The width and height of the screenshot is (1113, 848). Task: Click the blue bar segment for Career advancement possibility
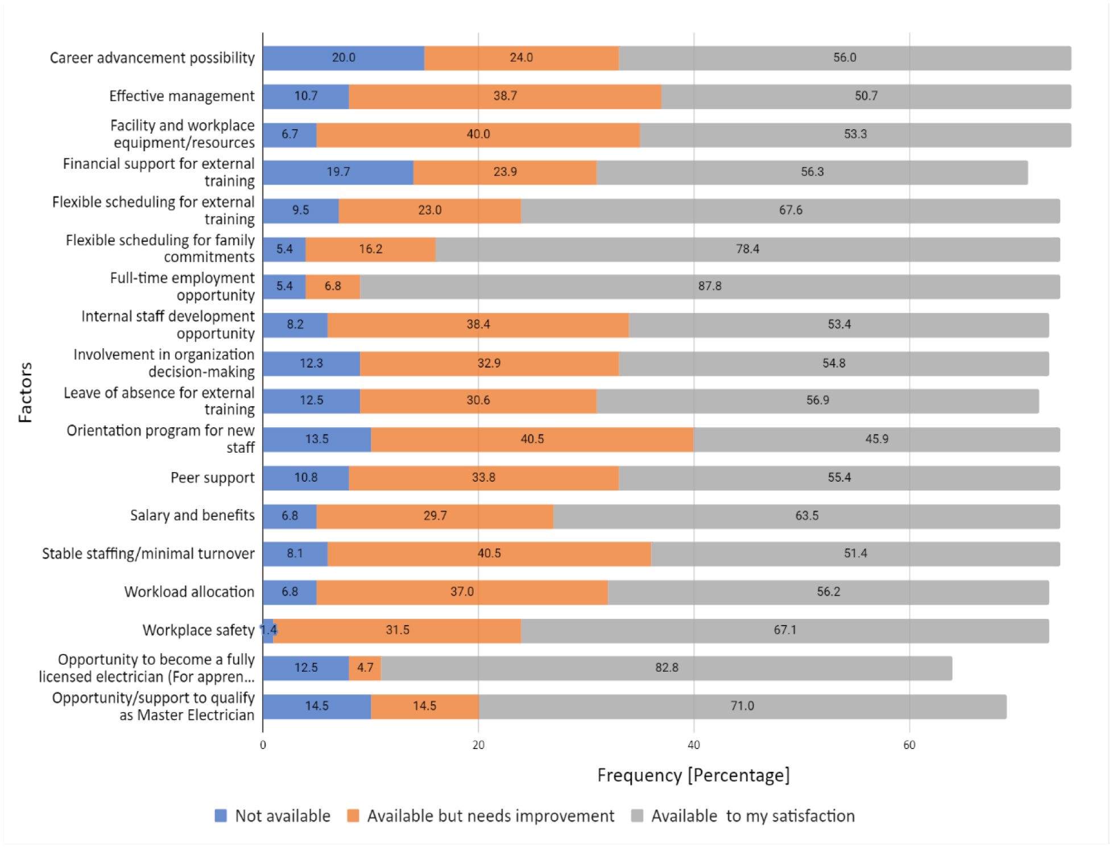coord(344,58)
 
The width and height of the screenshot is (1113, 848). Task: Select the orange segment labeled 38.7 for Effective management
coord(505,96)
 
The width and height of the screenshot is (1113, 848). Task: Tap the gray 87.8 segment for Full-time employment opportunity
coord(710,286)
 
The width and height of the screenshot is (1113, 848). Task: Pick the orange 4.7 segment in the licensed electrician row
coord(365,668)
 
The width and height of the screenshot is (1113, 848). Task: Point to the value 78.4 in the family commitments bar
coord(747,249)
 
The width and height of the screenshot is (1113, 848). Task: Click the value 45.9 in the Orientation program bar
coord(876,439)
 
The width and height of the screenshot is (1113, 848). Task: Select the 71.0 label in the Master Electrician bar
coord(742,706)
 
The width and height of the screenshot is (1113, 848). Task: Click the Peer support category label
coord(212,478)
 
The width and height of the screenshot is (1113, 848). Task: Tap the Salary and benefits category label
coord(192,515)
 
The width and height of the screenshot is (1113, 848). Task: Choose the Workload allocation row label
coord(189,592)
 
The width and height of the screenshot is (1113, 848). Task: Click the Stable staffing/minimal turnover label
coord(148,553)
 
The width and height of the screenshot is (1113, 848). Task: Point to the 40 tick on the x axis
coord(694,745)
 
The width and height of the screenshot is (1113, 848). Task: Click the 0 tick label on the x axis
coord(263,745)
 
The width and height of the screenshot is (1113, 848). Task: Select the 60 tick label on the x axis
coord(909,745)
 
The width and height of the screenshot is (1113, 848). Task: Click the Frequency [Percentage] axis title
coord(693,775)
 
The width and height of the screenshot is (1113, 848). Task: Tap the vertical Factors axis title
coord(25,392)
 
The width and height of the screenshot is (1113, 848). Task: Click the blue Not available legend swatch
coord(221,816)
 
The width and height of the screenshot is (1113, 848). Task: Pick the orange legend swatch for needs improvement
coord(353,816)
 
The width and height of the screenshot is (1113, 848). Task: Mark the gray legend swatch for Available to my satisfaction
coord(637,816)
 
